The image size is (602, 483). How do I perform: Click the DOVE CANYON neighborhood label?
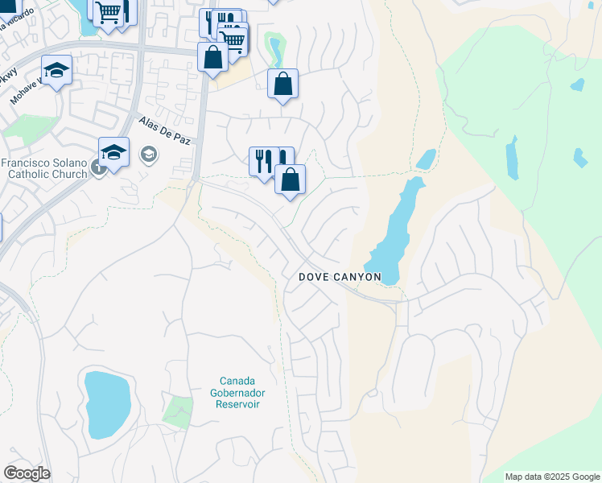pyautogui.click(x=340, y=277)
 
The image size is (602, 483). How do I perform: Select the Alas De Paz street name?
pyautogui.click(x=165, y=131)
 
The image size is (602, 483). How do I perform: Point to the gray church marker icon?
pyautogui.click(x=97, y=167)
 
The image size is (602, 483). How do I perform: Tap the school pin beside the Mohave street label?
pyautogui.click(x=56, y=72)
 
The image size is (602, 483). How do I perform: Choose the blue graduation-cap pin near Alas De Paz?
pyautogui.click(x=114, y=152)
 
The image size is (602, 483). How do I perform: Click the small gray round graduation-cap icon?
pyautogui.click(x=148, y=153)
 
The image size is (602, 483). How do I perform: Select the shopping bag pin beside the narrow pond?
pyautogui.click(x=282, y=84)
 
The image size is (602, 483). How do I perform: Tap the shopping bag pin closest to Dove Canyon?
pyautogui.click(x=290, y=180)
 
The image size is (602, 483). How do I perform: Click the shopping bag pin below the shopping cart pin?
pyautogui.click(x=212, y=58)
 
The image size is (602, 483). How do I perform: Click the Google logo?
pyautogui.click(x=27, y=473)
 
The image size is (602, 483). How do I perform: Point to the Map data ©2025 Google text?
pyautogui.click(x=552, y=477)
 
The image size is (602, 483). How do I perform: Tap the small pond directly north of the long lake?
pyautogui.click(x=426, y=159)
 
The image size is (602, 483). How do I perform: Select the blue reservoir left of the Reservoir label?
pyautogui.click(x=107, y=404)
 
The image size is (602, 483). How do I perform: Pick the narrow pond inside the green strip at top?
pyautogui.click(x=275, y=50)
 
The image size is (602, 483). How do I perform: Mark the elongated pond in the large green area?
pyautogui.click(x=512, y=159)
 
